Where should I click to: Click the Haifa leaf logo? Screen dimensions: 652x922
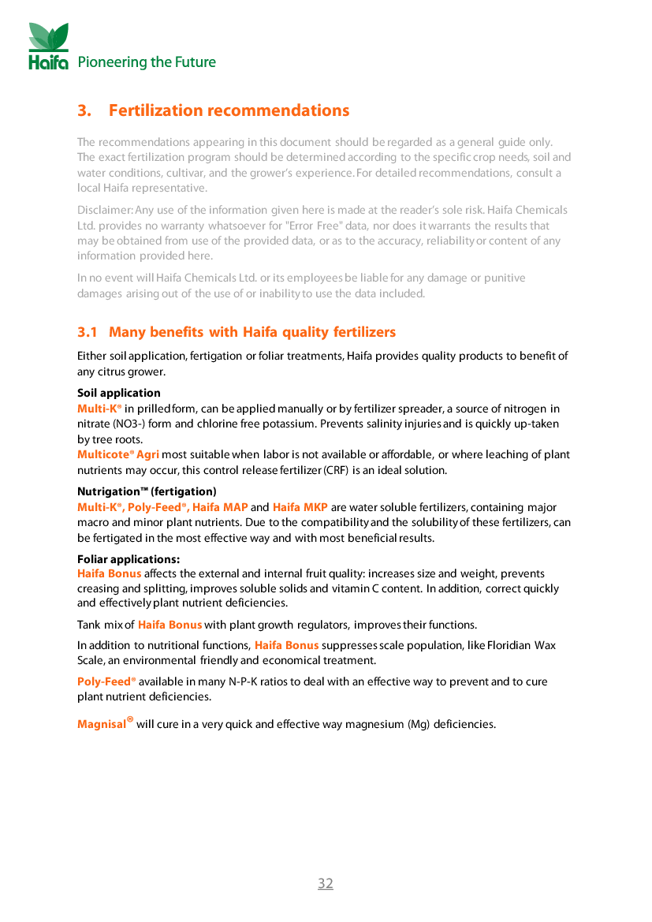click(49, 46)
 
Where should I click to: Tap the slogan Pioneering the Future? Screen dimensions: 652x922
click(147, 62)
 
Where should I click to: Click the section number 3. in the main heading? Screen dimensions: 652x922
click(84, 110)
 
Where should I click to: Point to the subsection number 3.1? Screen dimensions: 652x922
click(87, 332)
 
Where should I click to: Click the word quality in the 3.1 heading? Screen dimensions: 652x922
click(305, 332)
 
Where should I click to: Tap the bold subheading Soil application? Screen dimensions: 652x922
click(119, 394)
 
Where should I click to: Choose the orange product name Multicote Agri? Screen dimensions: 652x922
click(118, 454)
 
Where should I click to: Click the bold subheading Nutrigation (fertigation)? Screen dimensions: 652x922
click(147, 491)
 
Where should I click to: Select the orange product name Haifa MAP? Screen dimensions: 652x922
click(220, 507)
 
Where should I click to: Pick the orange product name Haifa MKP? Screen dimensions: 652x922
click(300, 507)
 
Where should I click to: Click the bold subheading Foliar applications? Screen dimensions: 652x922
click(129, 559)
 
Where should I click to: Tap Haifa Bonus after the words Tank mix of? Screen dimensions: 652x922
click(170, 625)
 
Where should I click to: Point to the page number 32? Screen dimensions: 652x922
click(326, 883)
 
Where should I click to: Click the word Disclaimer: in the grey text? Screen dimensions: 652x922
click(105, 210)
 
